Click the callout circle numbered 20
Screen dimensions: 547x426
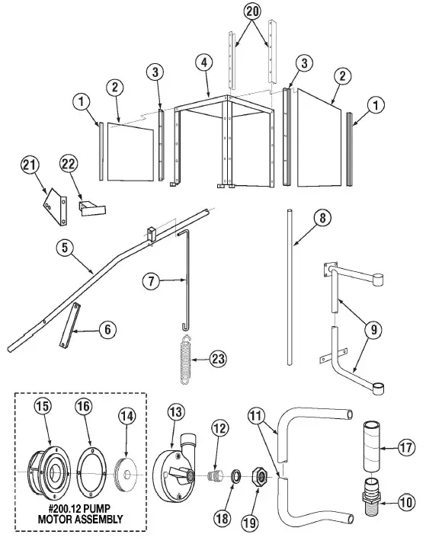click(x=252, y=11)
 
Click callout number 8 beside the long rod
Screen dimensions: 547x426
click(x=322, y=218)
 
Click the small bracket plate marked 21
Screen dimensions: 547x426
click(x=53, y=203)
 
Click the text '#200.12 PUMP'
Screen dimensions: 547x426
click(x=80, y=510)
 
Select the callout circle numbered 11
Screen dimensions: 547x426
click(x=258, y=415)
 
